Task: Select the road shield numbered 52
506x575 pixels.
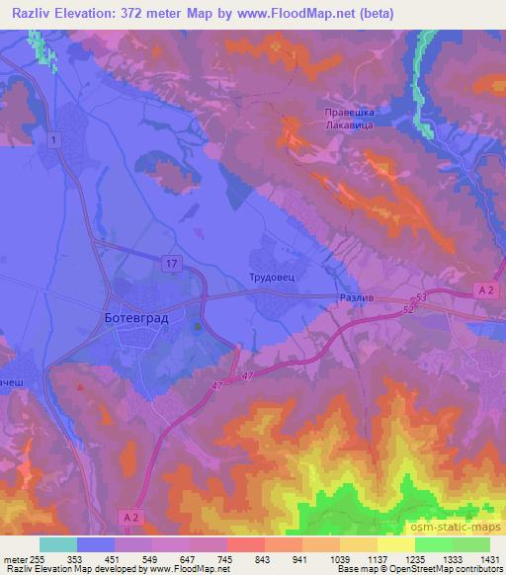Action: [x=408, y=309]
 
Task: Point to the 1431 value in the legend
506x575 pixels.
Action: [x=490, y=558]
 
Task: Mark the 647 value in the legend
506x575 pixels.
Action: [x=182, y=558]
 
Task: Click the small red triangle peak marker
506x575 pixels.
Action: [x=80, y=387]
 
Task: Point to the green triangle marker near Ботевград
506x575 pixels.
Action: [x=198, y=326]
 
